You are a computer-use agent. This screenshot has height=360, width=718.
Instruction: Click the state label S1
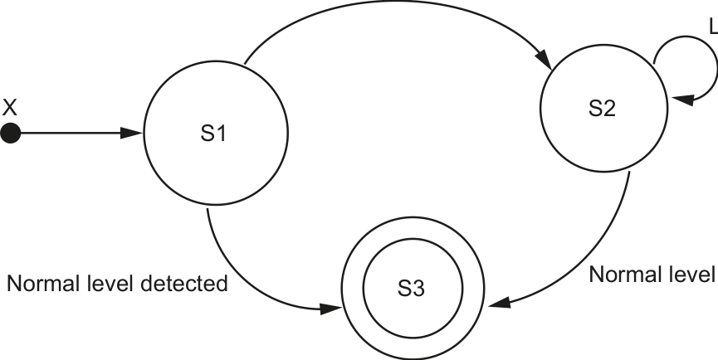(x=213, y=134)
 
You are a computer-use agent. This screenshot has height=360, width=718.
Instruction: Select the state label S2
(x=602, y=109)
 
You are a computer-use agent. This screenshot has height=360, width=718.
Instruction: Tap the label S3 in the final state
(x=412, y=289)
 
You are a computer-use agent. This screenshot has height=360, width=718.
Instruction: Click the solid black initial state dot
(x=11, y=134)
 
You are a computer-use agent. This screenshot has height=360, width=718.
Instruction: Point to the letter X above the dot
(x=10, y=108)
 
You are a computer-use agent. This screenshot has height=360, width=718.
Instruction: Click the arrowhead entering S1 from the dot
(x=132, y=133)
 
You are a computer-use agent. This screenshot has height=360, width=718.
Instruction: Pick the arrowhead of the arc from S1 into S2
(x=544, y=59)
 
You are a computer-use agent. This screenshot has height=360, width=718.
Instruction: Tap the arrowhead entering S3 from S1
(x=330, y=309)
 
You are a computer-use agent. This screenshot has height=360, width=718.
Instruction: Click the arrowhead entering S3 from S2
(x=499, y=303)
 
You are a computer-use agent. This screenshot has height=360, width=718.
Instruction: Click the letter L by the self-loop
(x=713, y=27)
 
